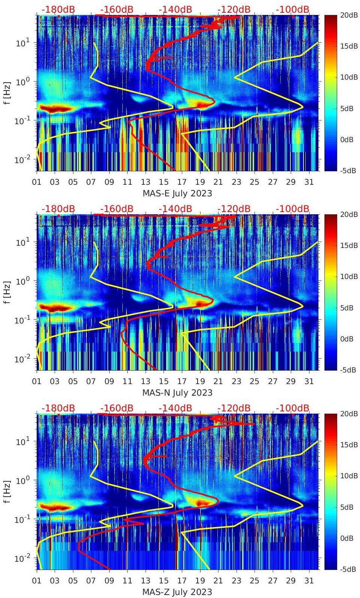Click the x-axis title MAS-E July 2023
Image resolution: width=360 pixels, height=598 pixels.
coord(177,193)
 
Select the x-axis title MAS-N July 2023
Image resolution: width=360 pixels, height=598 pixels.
coord(177,393)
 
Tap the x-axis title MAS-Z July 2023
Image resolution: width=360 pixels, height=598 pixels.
coord(177,592)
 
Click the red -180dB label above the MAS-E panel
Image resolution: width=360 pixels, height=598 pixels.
coord(58,9)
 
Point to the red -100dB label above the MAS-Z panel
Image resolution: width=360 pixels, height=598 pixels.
coord(293,408)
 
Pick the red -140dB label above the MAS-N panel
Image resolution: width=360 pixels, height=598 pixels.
coord(175,209)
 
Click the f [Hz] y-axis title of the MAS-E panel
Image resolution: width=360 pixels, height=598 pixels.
coord(7,93)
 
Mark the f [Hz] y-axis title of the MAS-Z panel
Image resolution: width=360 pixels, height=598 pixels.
coord(7,491)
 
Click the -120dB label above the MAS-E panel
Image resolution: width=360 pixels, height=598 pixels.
coord(234,9)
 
